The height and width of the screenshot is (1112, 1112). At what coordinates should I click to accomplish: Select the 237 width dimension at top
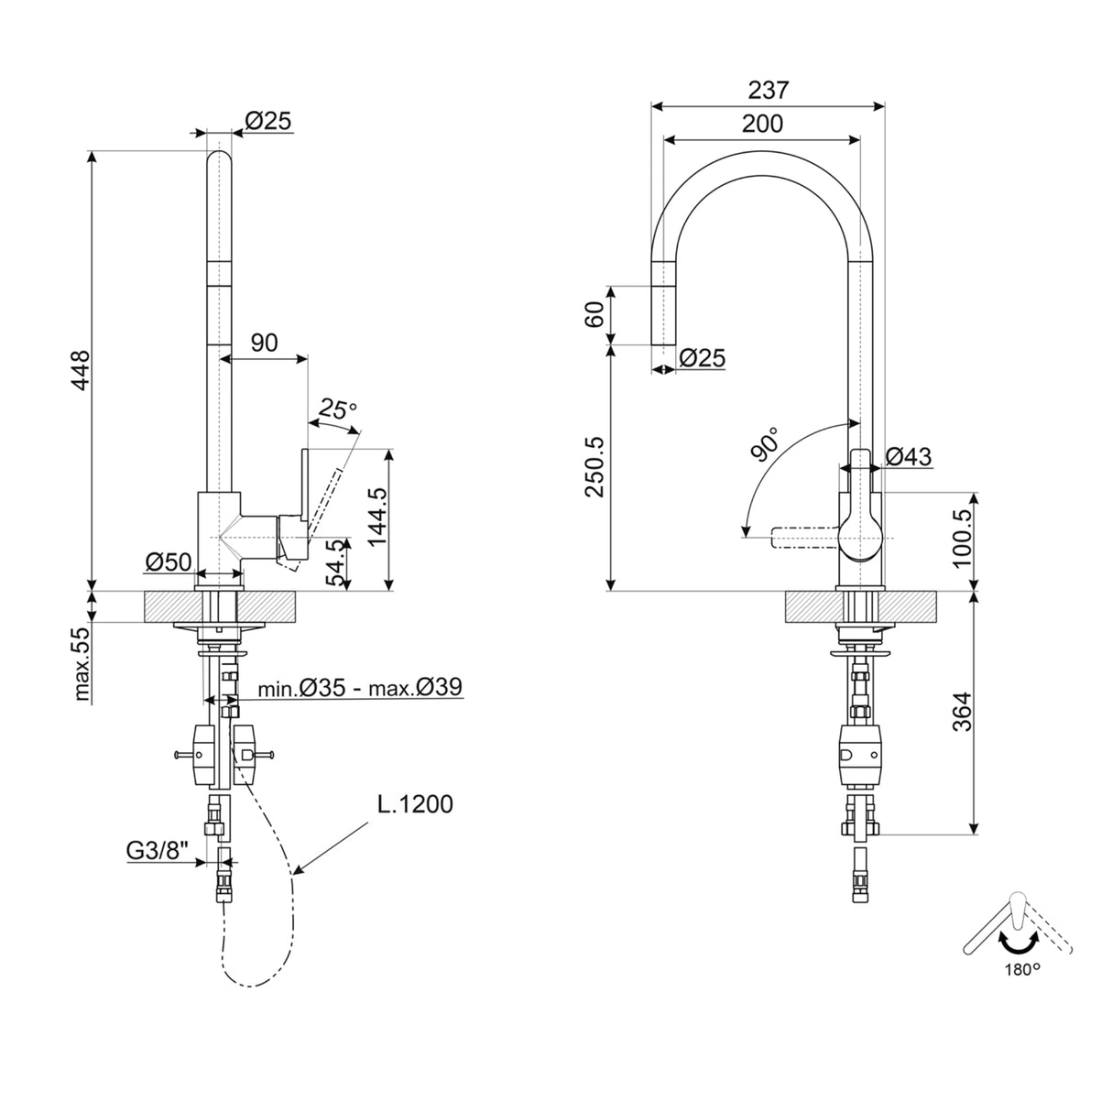[x=768, y=90]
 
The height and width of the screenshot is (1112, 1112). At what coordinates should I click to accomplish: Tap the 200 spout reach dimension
[x=762, y=124]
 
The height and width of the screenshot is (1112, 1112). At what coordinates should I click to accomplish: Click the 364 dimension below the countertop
[x=961, y=710]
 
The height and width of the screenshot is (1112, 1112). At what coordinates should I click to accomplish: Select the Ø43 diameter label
[x=909, y=455]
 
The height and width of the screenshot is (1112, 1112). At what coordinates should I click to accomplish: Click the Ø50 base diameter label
[x=167, y=560]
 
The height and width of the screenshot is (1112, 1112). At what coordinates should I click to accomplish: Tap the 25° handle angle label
[x=337, y=409]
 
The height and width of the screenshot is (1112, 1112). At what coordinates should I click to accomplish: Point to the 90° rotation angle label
[x=764, y=442]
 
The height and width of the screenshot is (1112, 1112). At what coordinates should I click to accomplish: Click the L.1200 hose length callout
[x=415, y=804]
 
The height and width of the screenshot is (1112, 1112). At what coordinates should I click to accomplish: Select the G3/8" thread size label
[x=156, y=851]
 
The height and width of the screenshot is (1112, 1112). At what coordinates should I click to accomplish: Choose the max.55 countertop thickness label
[x=83, y=664]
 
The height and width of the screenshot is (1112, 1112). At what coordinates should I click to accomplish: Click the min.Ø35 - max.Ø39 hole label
[x=359, y=687]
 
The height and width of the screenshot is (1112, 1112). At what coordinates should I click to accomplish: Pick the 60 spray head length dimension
[x=594, y=315]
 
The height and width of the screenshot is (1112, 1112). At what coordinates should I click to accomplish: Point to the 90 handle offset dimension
[x=264, y=343]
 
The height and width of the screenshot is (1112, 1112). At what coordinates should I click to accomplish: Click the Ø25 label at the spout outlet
[x=703, y=358]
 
